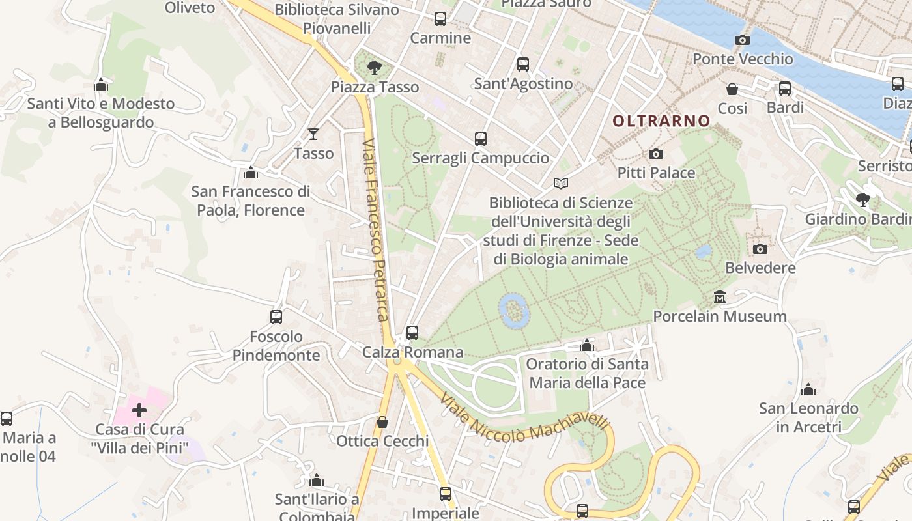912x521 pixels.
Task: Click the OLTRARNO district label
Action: pyautogui.click(x=661, y=120)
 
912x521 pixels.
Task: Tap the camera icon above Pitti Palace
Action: pyautogui.click(x=656, y=154)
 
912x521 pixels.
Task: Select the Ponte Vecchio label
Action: pyautogui.click(x=743, y=59)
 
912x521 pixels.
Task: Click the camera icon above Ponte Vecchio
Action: pyautogui.click(x=742, y=40)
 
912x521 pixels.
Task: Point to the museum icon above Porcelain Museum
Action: pyautogui.click(x=720, y=297)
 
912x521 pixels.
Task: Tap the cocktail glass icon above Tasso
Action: pyautogui.click(x=313, y=134)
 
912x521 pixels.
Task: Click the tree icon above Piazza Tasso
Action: pyautogui.click(x=374, y=67)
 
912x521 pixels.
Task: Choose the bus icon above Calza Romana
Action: pyautogui.click(x=412, y=333)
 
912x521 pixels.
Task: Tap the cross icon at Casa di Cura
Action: pyautogui.click(x=139, y=410)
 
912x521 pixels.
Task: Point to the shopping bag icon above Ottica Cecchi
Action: pyautogui.click(x=382, y=422)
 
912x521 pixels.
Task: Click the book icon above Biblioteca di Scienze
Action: pyautogui.click(x=561, y=184)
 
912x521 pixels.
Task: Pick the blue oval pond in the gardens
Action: pyautogui.click(x=513, y=310)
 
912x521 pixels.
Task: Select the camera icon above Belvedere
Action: pyautogui.click(x=760, y=249)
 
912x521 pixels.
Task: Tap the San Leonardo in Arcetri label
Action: pyautogui.click(x=808, y=417)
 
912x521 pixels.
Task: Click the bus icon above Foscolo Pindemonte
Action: pyautogui.click(x=276, y=317)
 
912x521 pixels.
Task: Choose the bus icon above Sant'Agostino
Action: pyautogui.click(x=523, y=64)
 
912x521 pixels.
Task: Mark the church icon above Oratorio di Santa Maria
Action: pyautogui.click(x=587, y=345)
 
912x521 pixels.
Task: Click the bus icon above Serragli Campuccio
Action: pyautogui.click(x=481, y=139)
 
